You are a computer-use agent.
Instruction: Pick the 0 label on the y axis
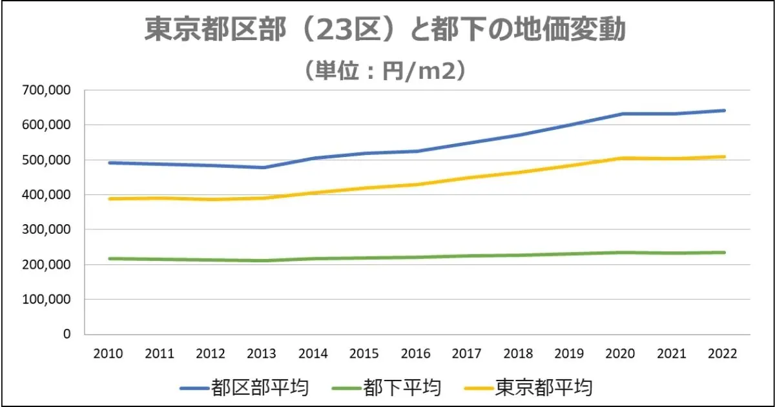[67, 335]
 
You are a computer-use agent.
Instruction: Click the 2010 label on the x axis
[108, 354]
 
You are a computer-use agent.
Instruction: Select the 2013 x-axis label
[262, 354]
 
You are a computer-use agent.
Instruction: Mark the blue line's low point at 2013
[262, 167]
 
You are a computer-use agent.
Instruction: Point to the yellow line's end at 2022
[725, 156]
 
